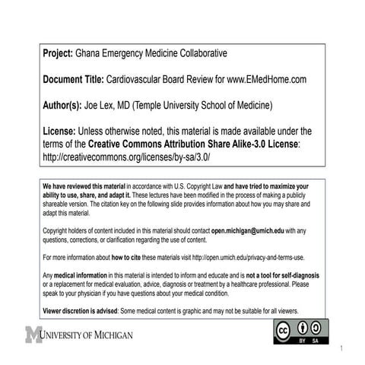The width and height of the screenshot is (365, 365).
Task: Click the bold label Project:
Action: (58, 54)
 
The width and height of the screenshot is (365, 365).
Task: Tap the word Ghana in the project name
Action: (90, 54)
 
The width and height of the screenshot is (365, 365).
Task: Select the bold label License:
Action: (60, 130)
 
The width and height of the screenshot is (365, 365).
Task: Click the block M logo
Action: (33, 335)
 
